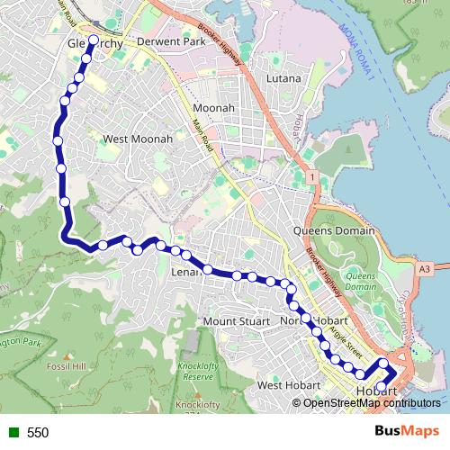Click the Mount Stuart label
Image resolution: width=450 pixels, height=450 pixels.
click(x=236, y=321)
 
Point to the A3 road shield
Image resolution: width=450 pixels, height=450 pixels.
click(x=425, y=267)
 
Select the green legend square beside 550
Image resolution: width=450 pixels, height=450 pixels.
click(x=12, y=433)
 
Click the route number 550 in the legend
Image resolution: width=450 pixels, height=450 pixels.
click(x=38, y=433)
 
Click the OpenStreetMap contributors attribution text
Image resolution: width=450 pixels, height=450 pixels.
click(x=371, y=402)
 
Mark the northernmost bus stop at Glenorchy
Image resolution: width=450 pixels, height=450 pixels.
click(x=94, y=40)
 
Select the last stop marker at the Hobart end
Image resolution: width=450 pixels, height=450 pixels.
click(x=381, y=388)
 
